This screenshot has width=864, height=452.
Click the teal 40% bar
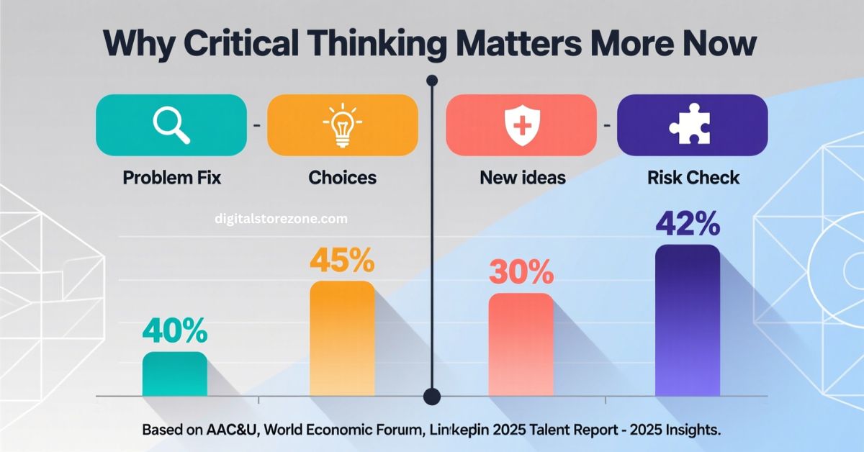coord(175,374)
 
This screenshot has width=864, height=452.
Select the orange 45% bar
coord(342,338)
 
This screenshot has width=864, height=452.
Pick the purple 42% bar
coord(688,320)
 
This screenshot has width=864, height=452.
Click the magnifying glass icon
coord(171,126)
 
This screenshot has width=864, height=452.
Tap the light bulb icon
coord(342,126)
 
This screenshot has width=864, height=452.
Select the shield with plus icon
coord(521,126)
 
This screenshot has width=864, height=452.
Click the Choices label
coord(342,177)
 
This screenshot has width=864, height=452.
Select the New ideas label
coord(522,177)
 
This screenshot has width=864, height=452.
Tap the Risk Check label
coord(692,177)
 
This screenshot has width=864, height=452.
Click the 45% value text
coord(342,261)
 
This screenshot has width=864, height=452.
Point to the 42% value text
coord(688,225)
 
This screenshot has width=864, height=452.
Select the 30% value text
coord(521,273)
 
